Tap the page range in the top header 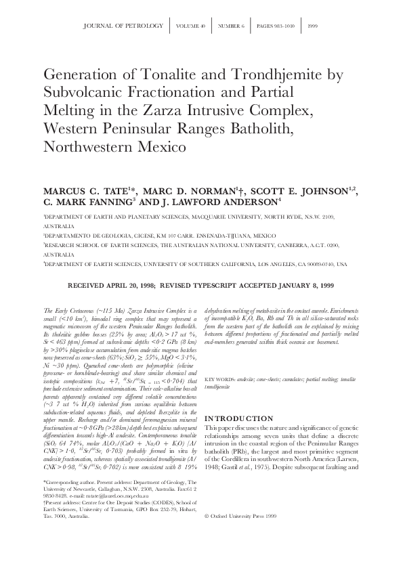(x=274, y=26)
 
